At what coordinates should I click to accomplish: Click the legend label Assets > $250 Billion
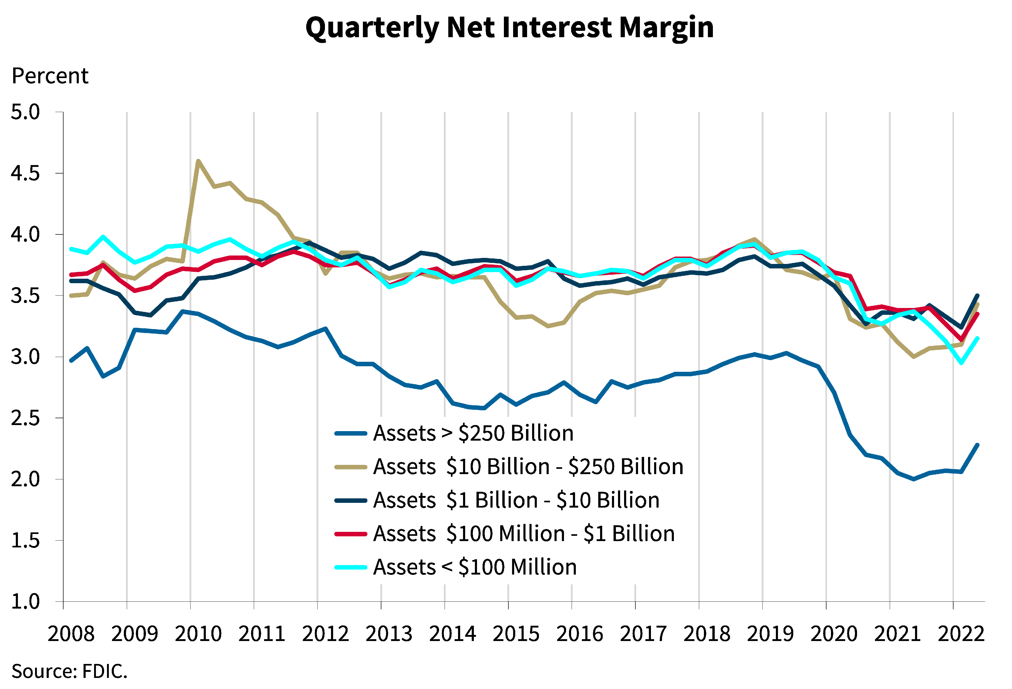[473, 433]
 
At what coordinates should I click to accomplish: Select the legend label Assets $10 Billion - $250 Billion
[528, 467]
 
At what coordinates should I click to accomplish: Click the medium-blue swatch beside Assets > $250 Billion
[351, 433]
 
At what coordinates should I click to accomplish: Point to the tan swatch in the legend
[351, 467]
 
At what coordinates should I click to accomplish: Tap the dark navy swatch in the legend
[351, 500]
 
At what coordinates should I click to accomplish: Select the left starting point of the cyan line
[71, 249]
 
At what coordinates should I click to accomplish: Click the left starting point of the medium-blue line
[71, 361]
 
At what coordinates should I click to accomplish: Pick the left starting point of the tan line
[71, 296]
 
